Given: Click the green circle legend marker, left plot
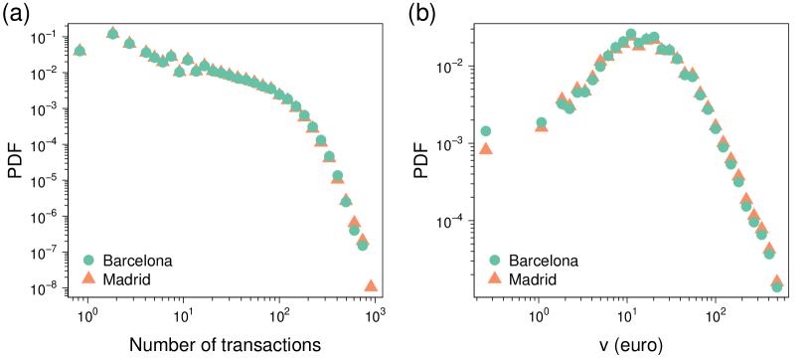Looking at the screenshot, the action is point(88,260).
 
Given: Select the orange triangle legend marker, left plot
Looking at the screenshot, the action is point(88,277).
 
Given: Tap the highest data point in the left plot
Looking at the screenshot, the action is point(112,33).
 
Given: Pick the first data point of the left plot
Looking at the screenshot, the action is point(80,50).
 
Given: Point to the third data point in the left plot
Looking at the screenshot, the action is point(129,43).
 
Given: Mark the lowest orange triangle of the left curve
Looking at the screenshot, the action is point(371,284).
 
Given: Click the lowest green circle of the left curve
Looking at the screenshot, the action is point(362,245).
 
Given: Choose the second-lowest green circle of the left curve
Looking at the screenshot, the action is point(354,230).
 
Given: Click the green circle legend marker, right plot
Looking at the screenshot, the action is point(494,260).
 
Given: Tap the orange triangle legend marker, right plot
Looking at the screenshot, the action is point(494,277).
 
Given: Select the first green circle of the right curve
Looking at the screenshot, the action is point(486,130).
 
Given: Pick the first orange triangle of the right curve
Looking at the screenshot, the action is point(486,148).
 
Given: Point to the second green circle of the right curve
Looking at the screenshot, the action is point(541,122).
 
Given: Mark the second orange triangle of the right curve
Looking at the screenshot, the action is point(541,126).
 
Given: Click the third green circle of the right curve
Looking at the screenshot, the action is point(562,102).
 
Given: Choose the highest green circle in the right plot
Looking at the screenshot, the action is point(630,34).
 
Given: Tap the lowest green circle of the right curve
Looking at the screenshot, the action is point(776,286).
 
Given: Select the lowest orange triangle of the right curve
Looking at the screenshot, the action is point(776,281).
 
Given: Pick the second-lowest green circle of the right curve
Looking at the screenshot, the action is point(768,254).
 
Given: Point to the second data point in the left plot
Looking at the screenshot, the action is point(112,33).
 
